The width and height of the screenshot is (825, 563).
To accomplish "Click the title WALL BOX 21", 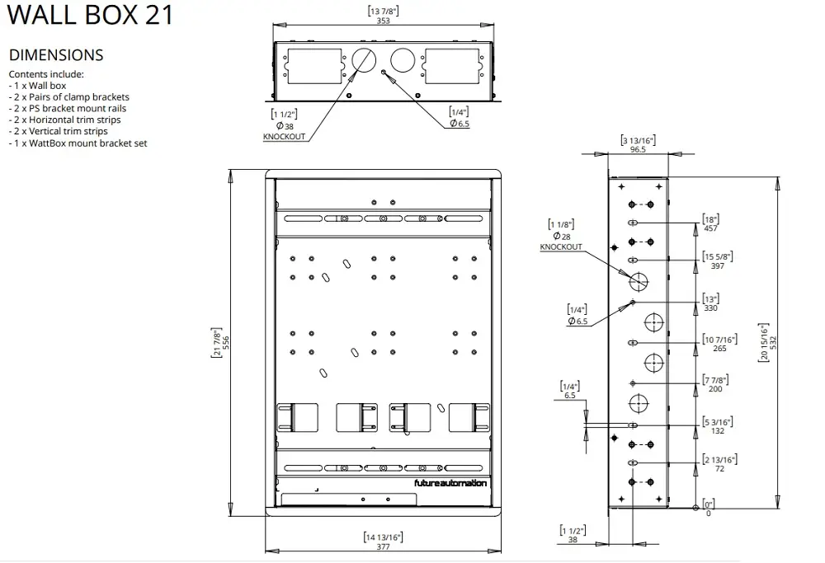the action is pyautogui.click(x=90, y=14).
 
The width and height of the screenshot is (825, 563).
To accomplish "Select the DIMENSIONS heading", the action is pyautogui.click(x=56, y=55).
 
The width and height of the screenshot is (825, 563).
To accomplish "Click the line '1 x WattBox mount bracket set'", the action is pyautogui.click(x=78, y=143).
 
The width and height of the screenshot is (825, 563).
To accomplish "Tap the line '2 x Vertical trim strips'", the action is pyautogui.click(x=58, y=131).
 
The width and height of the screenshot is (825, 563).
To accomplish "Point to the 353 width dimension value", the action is pyautogui.click(x=383, y=21).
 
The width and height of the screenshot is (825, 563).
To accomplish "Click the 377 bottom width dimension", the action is pyautogui.click(x=383, y=547).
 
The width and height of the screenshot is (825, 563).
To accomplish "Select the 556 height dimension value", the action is pyautogui.click(x=226, y=343).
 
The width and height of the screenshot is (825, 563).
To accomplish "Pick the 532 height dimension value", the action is pyautogui.click(x=773, y=343).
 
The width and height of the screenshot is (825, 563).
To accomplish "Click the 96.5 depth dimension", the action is pyautogui.click(x=638, y=149).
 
